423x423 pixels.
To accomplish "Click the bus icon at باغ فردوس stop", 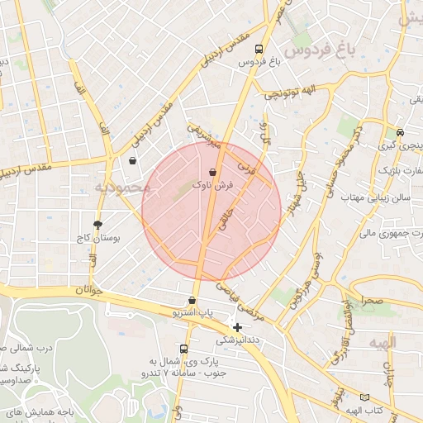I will pos(259,49).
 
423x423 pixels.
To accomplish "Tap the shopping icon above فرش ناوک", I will pos(214,173).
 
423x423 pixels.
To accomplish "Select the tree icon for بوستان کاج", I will pos(98,225).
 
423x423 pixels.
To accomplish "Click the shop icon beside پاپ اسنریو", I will pos(192,301).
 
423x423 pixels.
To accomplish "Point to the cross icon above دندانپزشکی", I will pos(238,327).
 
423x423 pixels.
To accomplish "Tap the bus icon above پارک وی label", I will pos(183,349).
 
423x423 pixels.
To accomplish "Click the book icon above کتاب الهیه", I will pos(365,397).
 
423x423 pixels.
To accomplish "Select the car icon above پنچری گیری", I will pos(400,132).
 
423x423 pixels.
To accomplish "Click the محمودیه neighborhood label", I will pos(123,188).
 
